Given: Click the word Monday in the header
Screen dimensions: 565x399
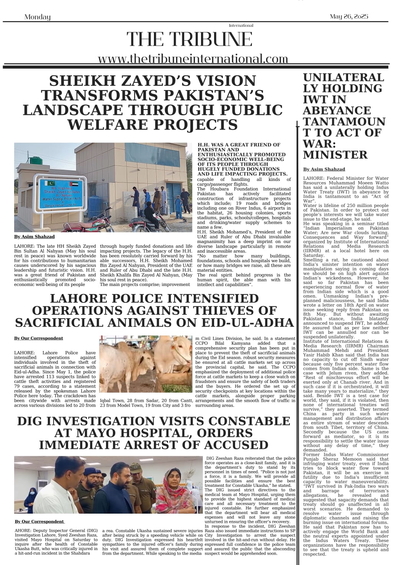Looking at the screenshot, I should click(37, 17).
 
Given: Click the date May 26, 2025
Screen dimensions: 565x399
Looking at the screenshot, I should click(348, 16).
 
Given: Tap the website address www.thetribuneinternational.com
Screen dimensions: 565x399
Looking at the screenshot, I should click(193, 59).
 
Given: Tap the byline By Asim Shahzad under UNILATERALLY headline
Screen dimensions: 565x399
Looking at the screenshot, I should click(324, 169).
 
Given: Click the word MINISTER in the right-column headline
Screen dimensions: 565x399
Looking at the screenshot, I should click(335, 154).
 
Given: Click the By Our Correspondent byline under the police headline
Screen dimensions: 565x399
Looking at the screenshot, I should click(38, 338).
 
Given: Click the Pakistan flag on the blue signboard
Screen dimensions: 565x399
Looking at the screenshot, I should click(49, 183).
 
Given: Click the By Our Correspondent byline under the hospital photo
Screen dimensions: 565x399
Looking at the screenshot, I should click(39, 521).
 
